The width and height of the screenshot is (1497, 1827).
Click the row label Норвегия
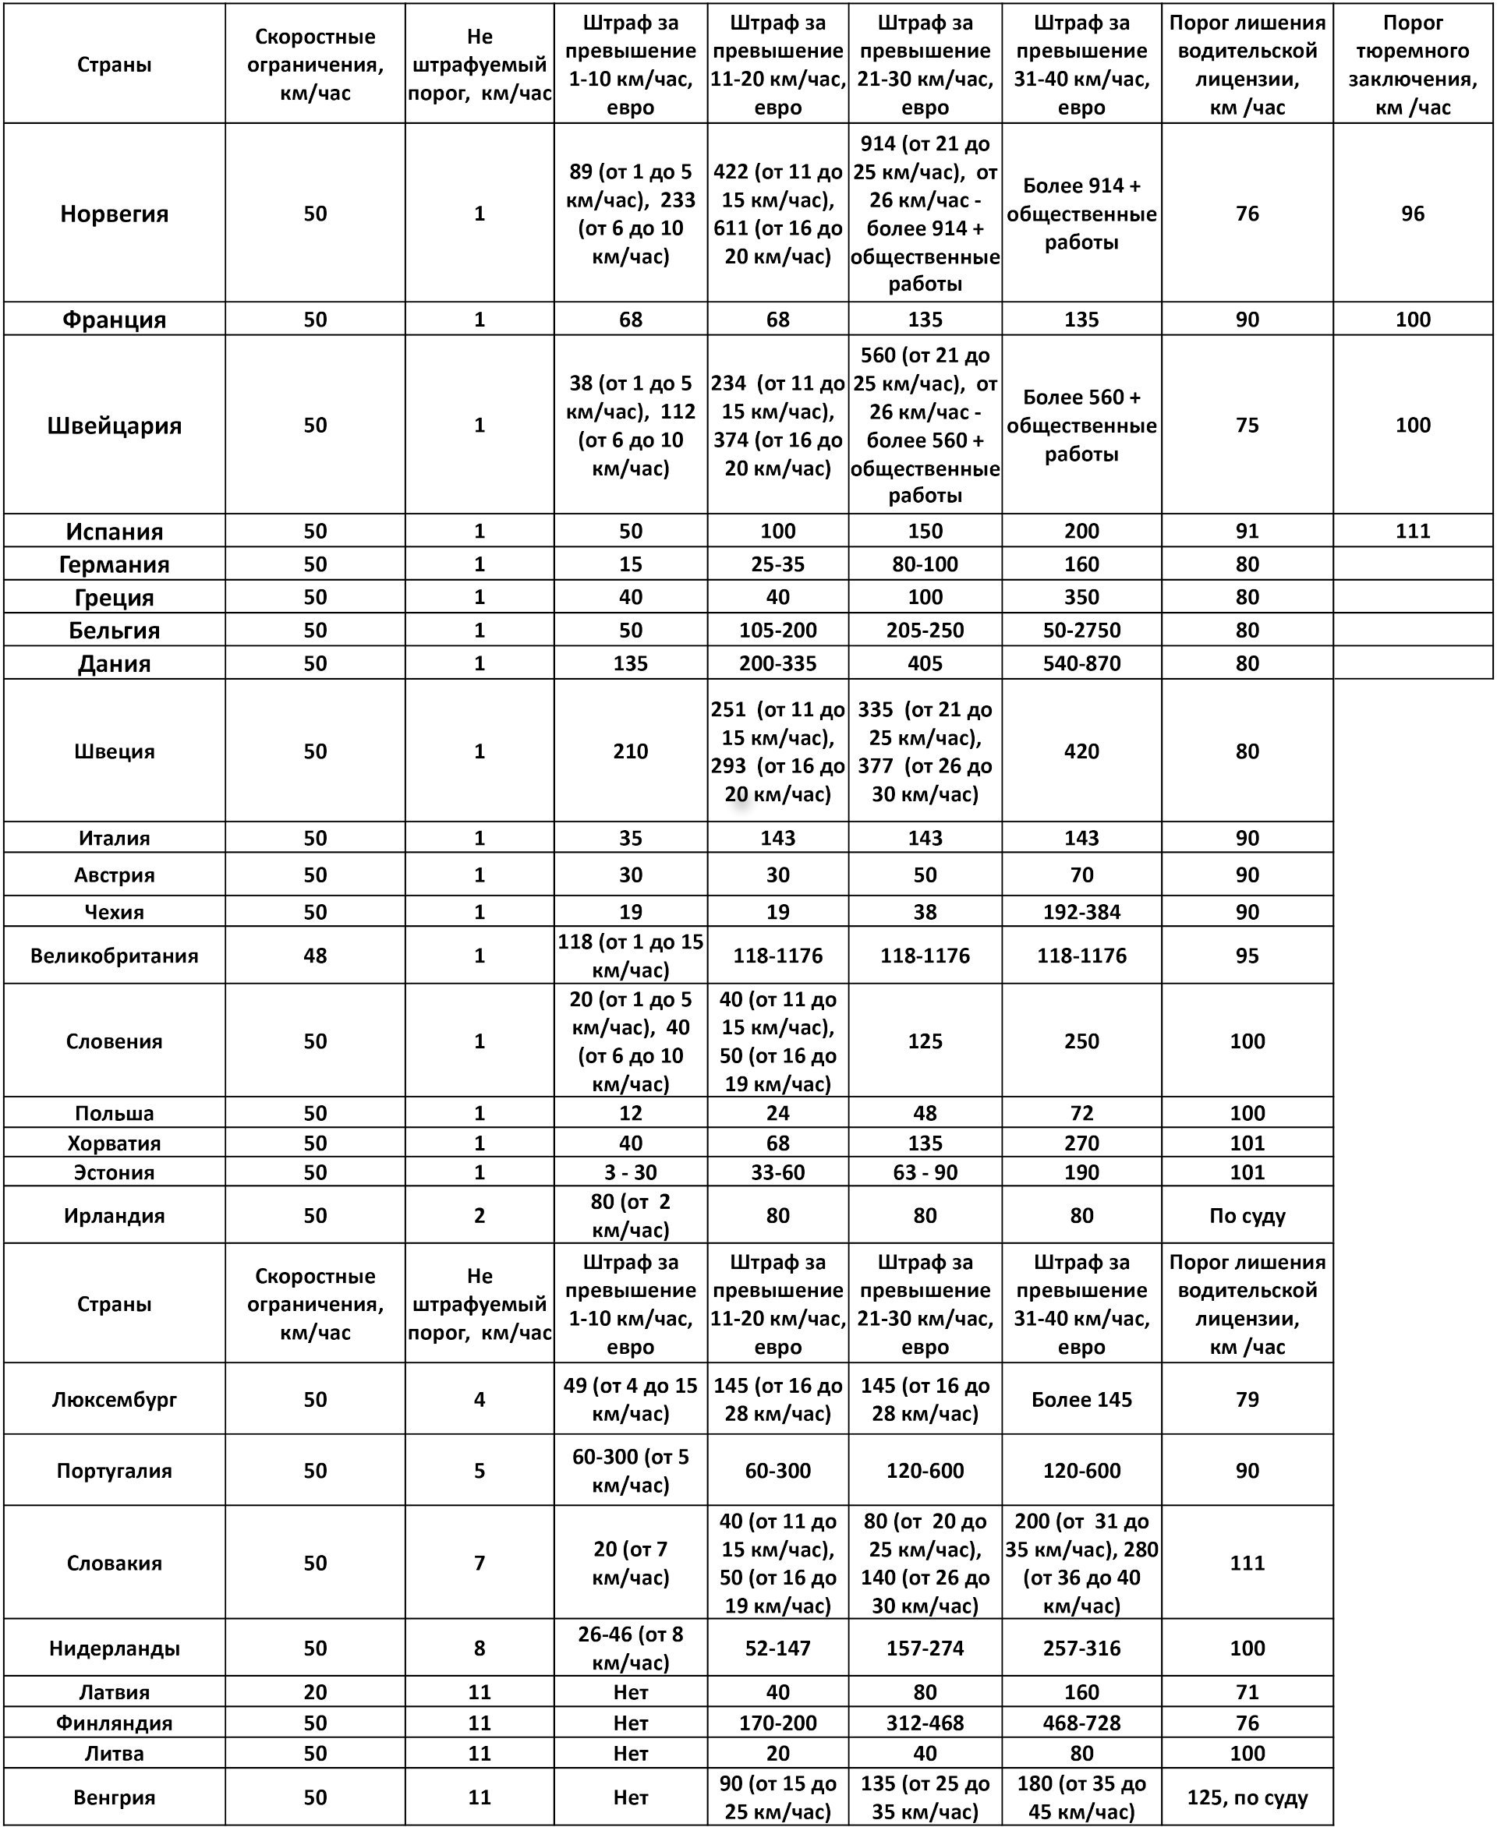coord(114,214)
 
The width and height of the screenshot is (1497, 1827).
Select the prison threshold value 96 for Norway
coord(1412,214)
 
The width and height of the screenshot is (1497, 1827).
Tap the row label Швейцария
coord(114,425)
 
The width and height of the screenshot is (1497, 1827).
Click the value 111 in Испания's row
coord(1412,531)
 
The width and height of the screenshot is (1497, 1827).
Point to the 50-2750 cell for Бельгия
coord(1081,631)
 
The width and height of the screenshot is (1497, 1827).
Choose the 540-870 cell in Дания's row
coord(1081,664)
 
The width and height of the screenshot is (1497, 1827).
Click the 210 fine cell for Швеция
coord(630,751)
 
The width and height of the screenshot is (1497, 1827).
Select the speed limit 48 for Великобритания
coord(315,956)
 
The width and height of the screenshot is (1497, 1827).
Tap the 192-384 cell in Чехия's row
coord(1081,912)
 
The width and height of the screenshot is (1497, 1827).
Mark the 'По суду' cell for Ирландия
coord(1246,1216)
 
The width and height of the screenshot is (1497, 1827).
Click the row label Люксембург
coord(114,1399)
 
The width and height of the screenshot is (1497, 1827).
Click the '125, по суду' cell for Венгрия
coord(1246,1797)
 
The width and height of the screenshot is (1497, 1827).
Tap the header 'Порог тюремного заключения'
coord(1412,65)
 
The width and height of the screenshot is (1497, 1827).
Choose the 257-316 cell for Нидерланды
coord(1081,1649)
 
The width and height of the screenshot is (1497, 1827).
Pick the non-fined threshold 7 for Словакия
coord(480,1564)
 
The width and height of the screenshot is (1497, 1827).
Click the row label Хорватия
coord(114,1143)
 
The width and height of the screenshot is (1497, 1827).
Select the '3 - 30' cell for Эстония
coord(630,1172)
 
